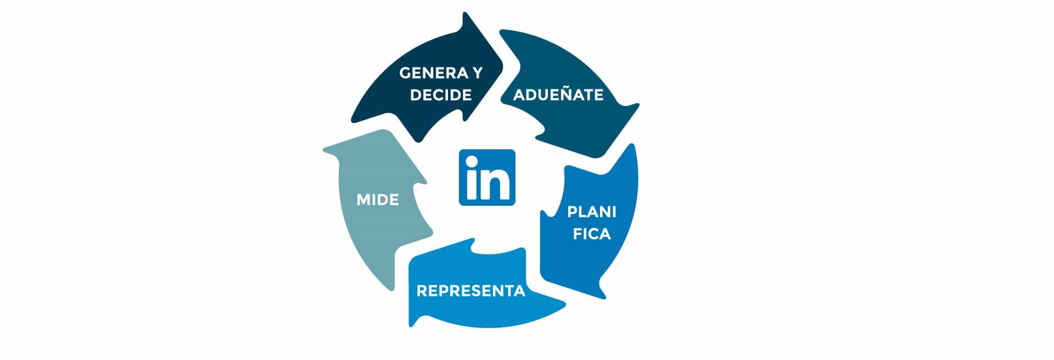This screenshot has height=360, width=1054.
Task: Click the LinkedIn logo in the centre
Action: [x=487, y=177]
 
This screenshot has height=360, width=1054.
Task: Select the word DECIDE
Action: [x=441, y=95]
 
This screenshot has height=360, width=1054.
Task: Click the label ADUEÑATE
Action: [x=558, y=94]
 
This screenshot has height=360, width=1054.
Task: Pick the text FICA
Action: [x=592, y=234]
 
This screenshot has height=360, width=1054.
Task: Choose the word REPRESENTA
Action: [x=471, y=291]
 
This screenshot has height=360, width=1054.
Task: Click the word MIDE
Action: [x=378, y=200]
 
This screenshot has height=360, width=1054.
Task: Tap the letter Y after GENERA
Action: [x=476, y=73]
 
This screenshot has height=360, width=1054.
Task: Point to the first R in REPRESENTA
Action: [x=422, y=291]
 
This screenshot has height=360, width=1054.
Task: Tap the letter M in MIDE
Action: [x=363, y=200]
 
